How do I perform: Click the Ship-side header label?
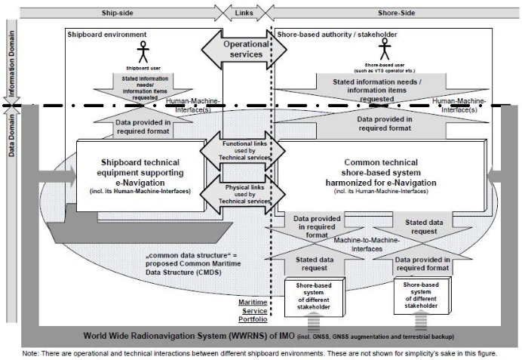click(x=116, y=14)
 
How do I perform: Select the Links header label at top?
click(x=243, y=14)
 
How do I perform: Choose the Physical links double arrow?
click(x=243, y=191)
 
